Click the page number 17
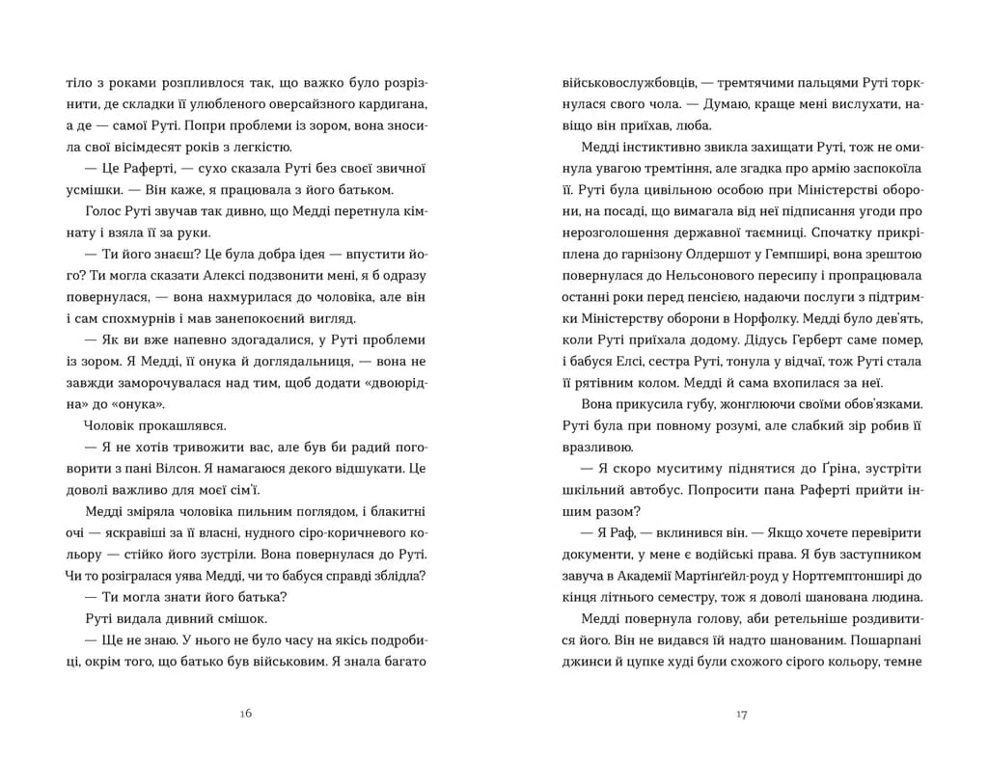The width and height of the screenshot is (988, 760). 741,714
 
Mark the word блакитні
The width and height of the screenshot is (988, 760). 397,510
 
